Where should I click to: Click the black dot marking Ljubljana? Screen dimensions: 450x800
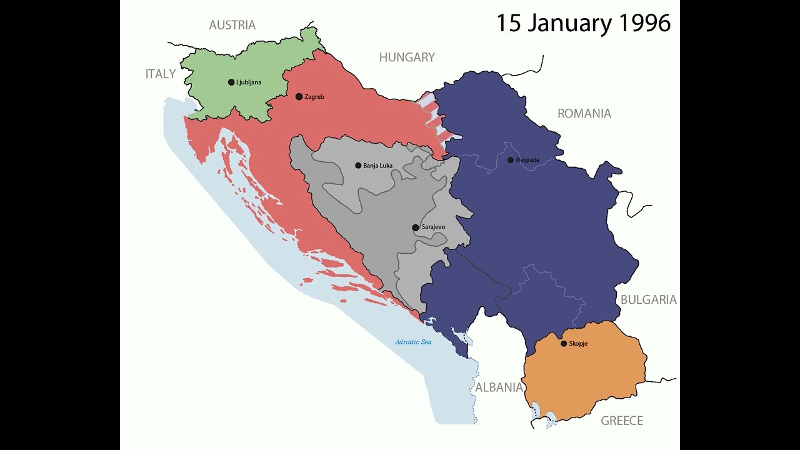click(231, 82)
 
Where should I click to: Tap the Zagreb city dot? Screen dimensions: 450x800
click(299, 96)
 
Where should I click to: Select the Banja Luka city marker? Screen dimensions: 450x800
click(358, 166)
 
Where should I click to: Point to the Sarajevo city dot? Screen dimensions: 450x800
click(416, 227)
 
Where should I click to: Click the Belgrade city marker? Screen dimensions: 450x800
click(511, 160)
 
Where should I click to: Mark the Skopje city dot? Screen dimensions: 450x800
click(564, 344)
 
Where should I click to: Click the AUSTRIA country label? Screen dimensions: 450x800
click(232, 25)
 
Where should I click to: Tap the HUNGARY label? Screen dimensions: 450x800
click(407, 57)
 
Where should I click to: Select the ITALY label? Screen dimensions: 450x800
click(161, 74)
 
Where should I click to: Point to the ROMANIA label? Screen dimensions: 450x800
click(584, 114)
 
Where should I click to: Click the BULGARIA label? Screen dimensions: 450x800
click(648, 300)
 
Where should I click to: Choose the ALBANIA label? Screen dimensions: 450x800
click(499, 387)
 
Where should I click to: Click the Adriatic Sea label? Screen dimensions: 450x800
click(413, 342)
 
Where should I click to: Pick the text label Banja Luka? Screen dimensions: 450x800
click(377, 166)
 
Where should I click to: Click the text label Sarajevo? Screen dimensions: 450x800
click(433, 227)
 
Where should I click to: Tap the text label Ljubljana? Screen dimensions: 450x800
click(249, 82)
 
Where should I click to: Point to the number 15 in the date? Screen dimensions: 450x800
click(509, 23)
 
